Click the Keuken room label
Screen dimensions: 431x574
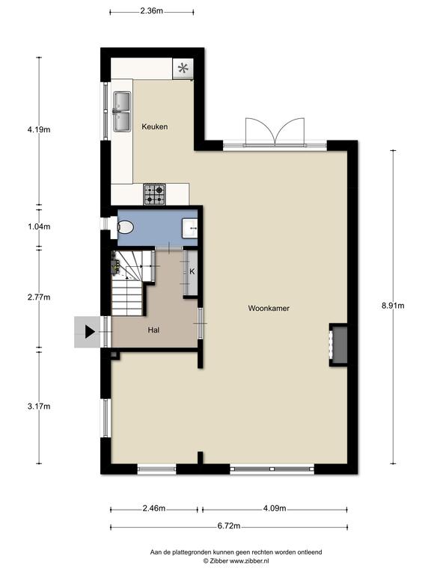(155, 126)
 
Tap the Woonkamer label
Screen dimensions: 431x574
(269, 308)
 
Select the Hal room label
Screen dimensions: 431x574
(153, 330)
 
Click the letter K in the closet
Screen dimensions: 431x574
(192, 271)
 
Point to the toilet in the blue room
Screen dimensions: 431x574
(125, 227)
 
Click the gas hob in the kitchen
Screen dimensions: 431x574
(154, 194)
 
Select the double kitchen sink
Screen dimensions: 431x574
(122, 111)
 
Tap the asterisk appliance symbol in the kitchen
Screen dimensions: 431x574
(183, 68)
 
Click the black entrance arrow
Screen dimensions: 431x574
(90, 332)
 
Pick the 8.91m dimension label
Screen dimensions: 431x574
(393, 306)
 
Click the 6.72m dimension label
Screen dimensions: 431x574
(229, 526)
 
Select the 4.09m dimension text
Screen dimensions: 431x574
(275, 508)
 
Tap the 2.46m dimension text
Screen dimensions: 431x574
(154, 508)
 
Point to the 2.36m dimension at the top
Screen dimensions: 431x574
(151, 10)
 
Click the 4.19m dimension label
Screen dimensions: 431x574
(39, 129)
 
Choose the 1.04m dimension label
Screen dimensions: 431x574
(39, 226)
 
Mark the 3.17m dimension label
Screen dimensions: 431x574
(39, 407)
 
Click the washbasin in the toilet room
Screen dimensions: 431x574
(190, 227)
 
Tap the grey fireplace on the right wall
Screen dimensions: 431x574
(340, 345)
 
